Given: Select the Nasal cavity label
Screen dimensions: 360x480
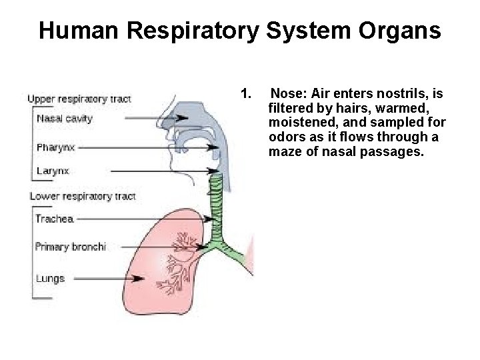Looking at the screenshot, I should [65, 119].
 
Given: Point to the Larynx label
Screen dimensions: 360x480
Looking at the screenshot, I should [53, 171].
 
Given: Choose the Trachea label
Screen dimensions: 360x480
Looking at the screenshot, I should [54, 219].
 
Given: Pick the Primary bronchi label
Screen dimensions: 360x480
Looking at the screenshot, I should [71, 247].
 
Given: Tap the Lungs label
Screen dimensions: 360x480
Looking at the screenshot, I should [51, 278].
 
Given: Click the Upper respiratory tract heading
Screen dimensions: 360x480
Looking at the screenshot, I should [79, 99].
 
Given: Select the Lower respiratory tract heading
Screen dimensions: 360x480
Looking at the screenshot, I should [82, 196].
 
